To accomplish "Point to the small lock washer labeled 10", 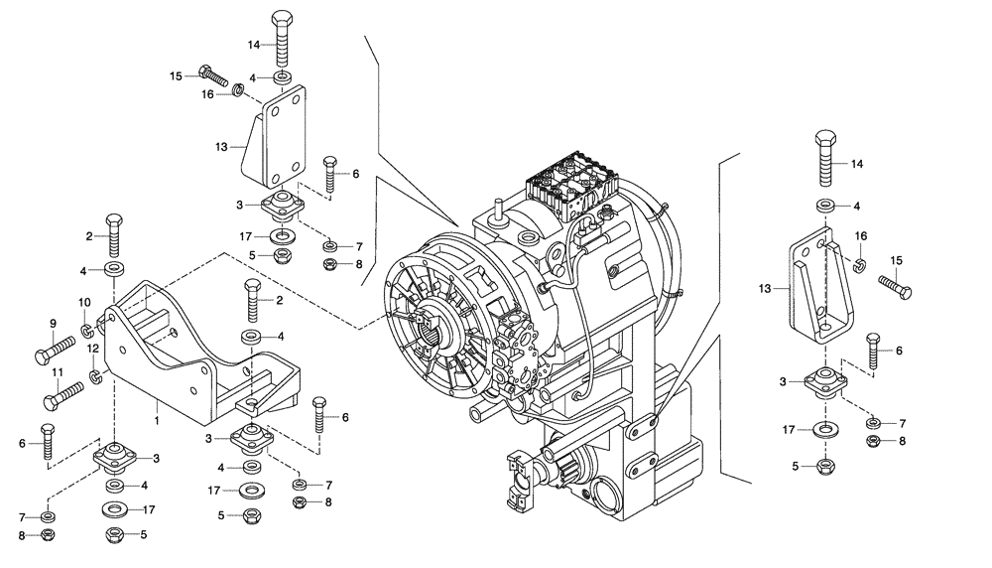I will (x=87, y=329).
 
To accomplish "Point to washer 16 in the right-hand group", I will (x=859, y=264).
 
